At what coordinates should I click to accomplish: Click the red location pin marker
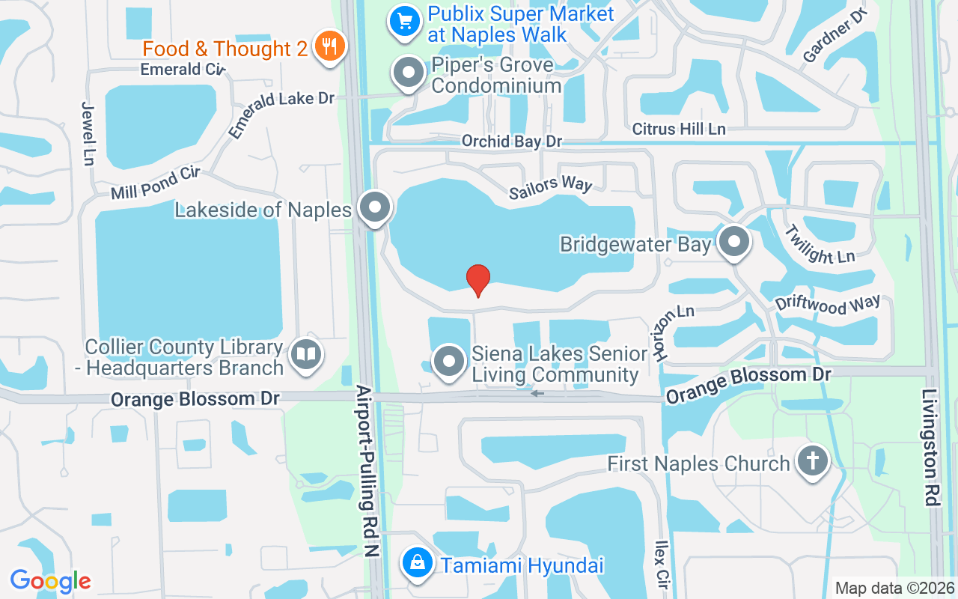[478, 279]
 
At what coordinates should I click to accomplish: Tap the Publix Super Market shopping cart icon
[405, 22]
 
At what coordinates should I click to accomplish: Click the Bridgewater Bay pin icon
[734, 242]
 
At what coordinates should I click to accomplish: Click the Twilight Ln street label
[820, 244]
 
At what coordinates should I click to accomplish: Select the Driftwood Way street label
[828, 305]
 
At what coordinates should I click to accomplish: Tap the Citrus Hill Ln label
[679, 129]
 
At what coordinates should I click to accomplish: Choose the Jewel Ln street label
[88, 133]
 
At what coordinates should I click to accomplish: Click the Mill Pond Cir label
[155, 183]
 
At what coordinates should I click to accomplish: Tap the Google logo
[50, 580]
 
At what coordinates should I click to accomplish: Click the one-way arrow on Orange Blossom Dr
[537, 392]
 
